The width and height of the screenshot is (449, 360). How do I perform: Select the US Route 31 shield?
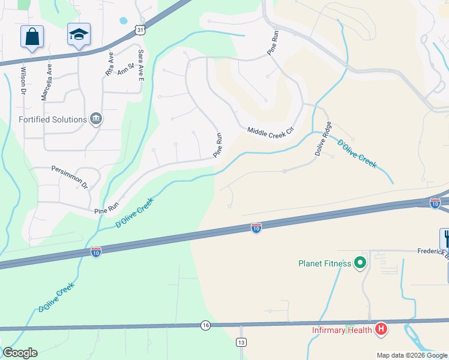click(x=139, y=30)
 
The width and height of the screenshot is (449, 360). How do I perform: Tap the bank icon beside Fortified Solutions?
click(x=95, y=119)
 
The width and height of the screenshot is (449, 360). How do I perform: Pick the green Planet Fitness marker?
click(x=360, y=263)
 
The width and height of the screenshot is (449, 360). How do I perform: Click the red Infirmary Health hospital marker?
click(x=380, y=329)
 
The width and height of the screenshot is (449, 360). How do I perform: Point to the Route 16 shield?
click(x=206, y=325)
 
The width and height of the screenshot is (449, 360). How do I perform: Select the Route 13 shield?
click(x=241, y=342)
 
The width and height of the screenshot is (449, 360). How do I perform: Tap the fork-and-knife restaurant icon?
click(x=446, y=239)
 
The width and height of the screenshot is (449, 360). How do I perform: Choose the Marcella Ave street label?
click(x=45, y=81)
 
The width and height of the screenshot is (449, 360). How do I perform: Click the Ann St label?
click(x=125, y=70)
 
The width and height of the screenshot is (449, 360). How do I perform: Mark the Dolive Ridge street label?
click(x=324, y=139)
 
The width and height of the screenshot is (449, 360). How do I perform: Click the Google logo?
click(x=19, y=353)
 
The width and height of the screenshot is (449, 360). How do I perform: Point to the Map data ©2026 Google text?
click(x=411, y=355)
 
